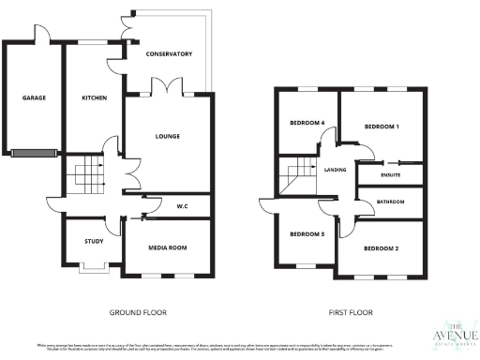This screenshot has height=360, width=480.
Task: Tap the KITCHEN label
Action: [x=94, y=97]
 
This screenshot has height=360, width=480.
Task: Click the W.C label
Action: [x=184, y=206]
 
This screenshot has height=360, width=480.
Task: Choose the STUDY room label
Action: [x=93, y=242]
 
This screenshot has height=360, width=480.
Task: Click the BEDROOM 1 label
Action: [x=382, y=126]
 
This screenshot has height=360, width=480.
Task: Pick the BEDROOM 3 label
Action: [x=307, y=233]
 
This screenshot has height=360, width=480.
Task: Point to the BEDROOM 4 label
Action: [x=307, y=123]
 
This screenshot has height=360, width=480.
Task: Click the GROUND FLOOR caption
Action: [x=138, y=311]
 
